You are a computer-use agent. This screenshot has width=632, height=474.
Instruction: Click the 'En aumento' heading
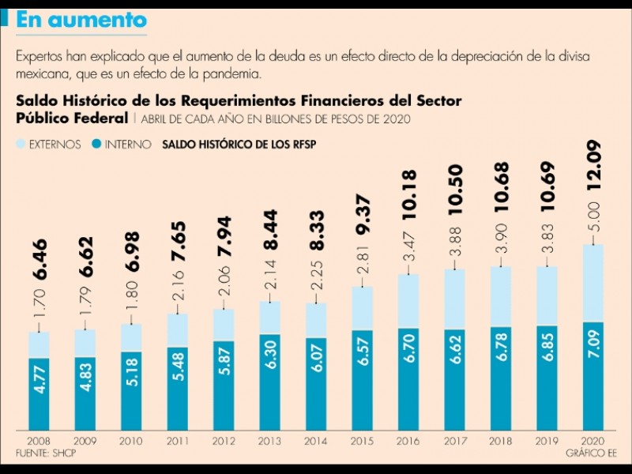point(81,20)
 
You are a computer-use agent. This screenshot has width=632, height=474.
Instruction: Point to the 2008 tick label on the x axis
point(39,442)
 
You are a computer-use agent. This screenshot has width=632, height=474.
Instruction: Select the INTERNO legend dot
point(97,145)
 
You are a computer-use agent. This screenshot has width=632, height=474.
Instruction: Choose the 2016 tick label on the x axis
point(407,442)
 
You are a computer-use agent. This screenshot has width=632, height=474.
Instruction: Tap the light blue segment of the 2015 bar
point(361,308)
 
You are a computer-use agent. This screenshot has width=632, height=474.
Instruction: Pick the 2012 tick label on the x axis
point(223,442)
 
